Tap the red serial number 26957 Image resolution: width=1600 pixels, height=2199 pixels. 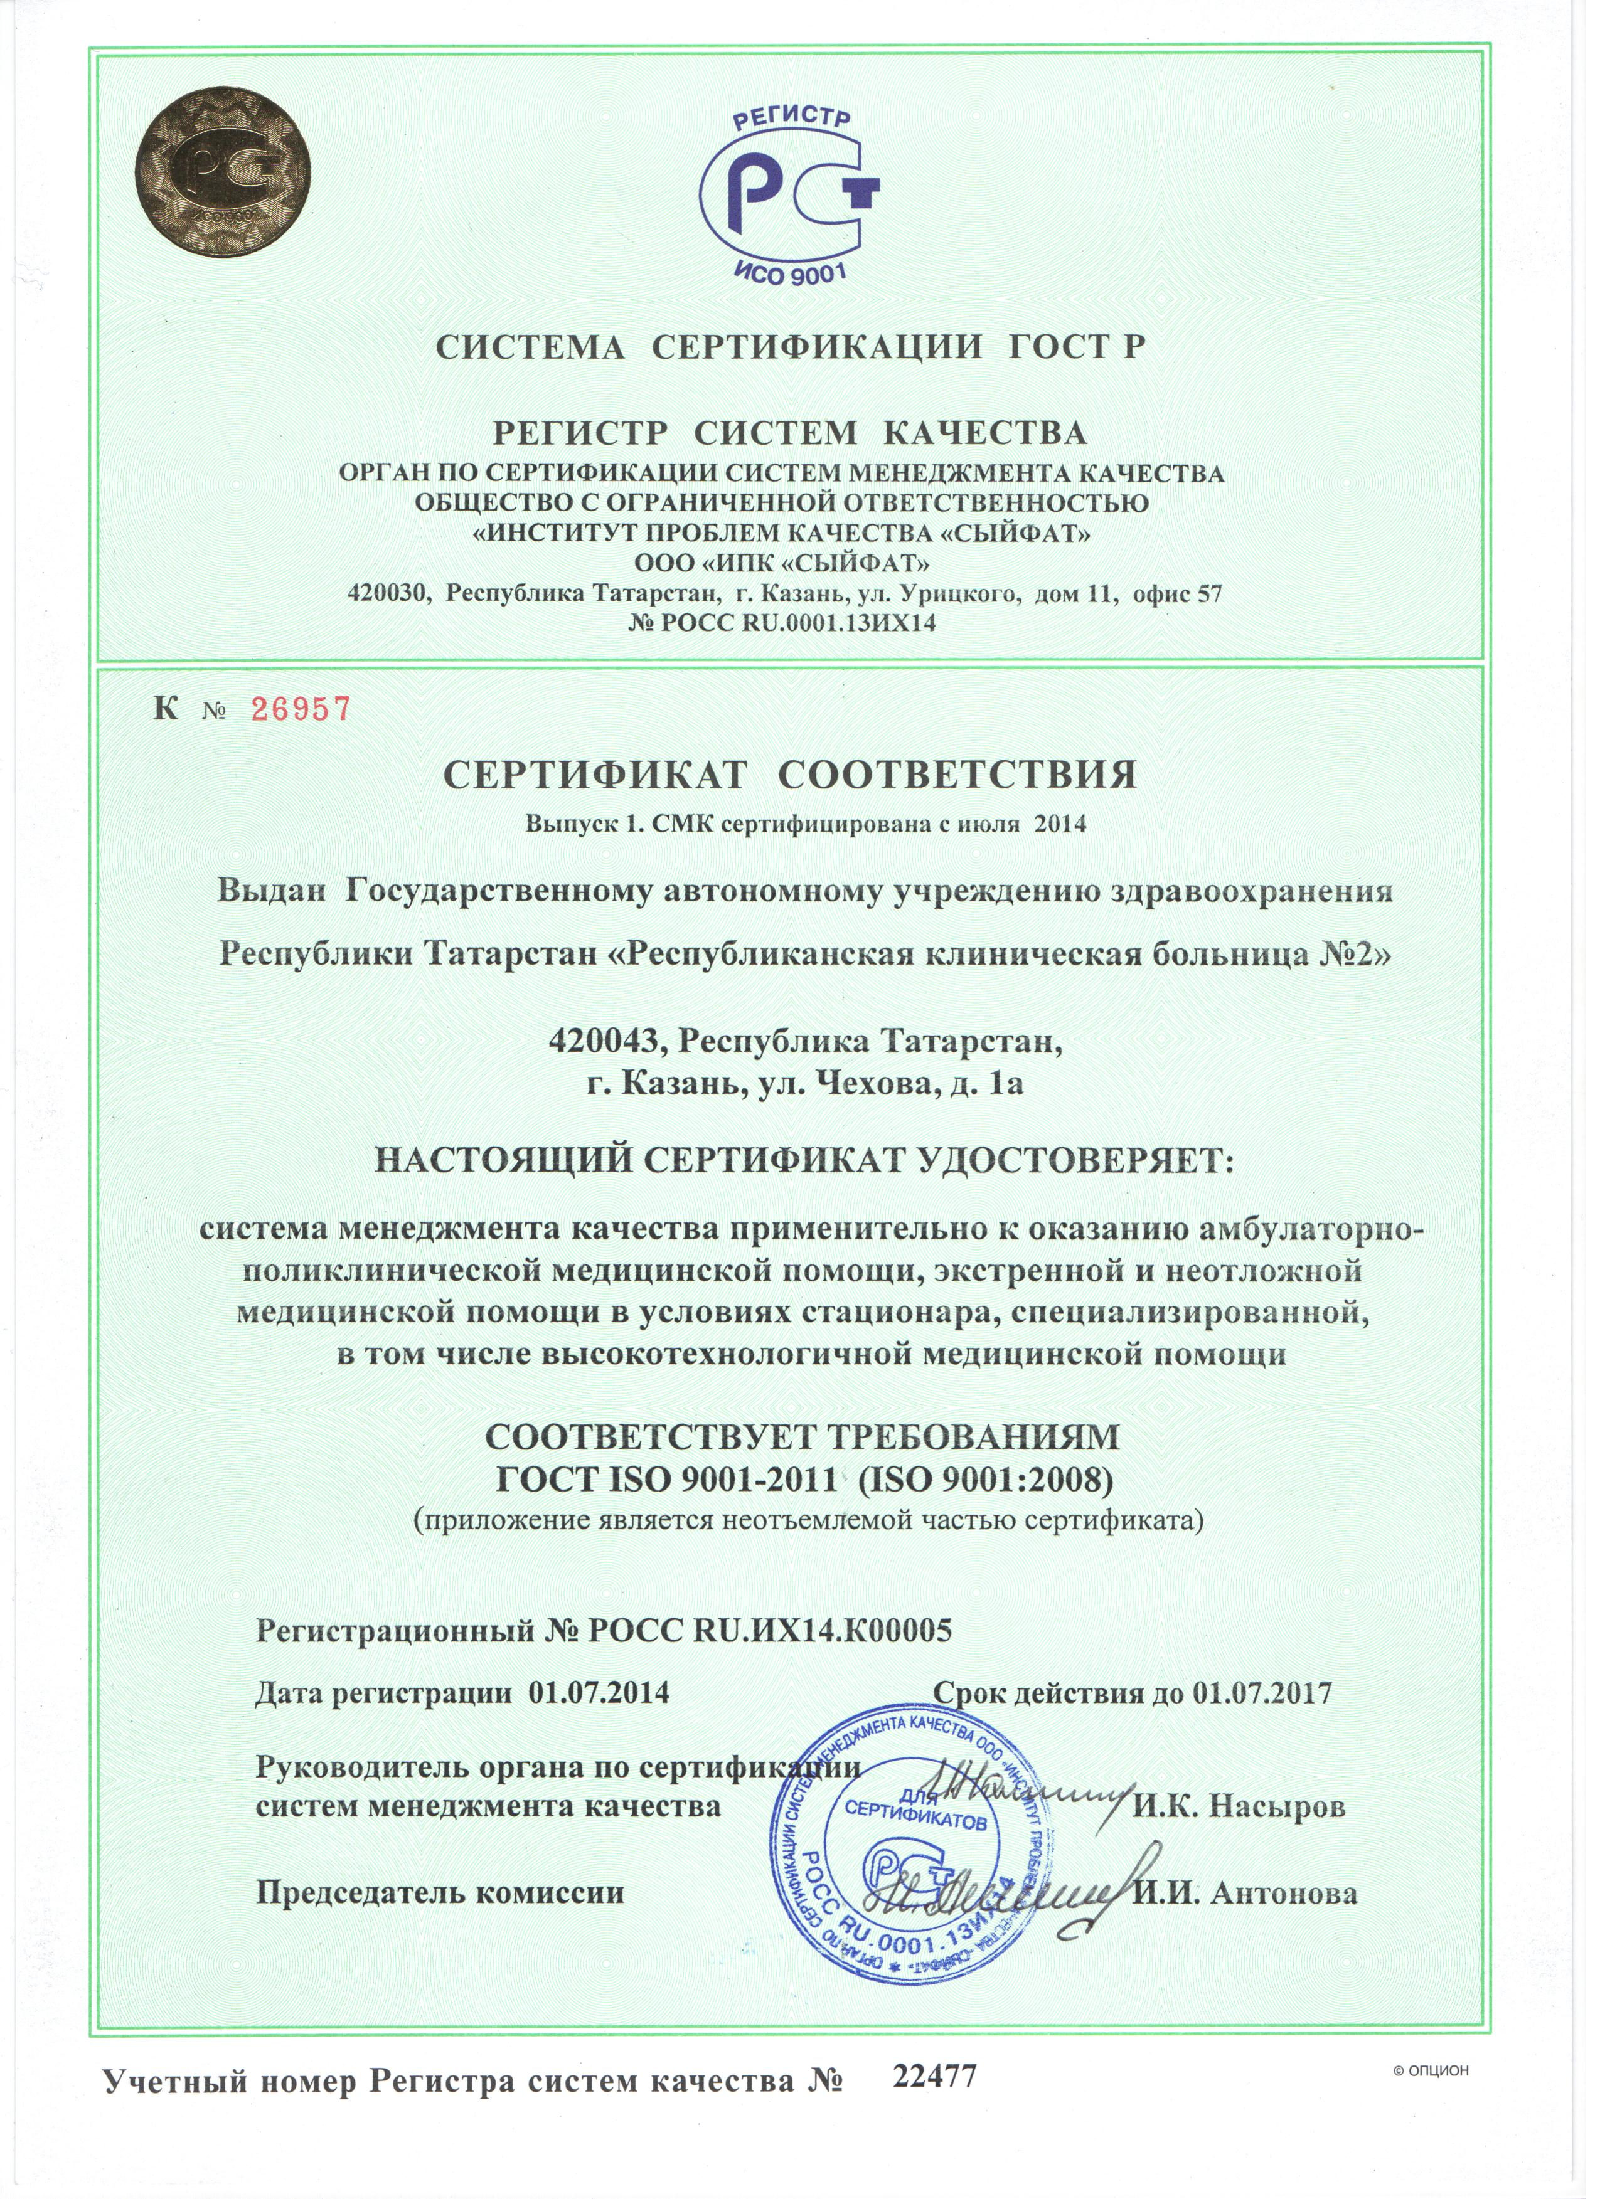coord(301,710)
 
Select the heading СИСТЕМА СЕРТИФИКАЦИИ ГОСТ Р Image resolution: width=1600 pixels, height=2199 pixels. coord(791,348)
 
